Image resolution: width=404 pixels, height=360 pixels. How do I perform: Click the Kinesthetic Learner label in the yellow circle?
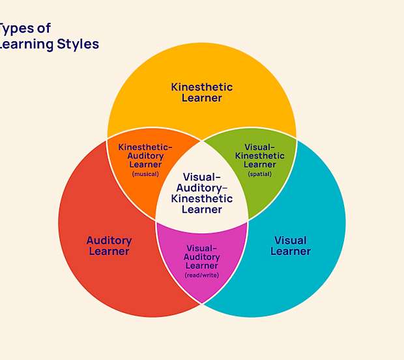coord(201,93)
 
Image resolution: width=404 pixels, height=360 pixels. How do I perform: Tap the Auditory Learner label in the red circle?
coord(109,246)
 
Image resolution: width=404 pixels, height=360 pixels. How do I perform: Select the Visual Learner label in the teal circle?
coord(290,246)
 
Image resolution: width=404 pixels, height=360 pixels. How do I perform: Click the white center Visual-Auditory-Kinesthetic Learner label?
coord(201,193)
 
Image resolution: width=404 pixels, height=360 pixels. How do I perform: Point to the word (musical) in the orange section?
coord(145,174)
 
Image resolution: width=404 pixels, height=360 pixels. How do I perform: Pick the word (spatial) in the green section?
coord(259,174)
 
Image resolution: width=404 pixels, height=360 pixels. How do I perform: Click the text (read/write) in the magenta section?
coord(202,275)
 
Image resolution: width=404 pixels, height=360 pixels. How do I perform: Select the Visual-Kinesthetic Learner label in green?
coord(259,156)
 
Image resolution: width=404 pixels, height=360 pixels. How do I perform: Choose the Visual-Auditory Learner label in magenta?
coord(202,257)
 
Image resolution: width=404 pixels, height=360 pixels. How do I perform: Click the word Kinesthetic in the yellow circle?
coord(201,87)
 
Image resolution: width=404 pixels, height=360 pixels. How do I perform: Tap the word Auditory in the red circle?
coord(109,240)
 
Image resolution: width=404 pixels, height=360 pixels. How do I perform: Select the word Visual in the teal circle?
coord(290,240)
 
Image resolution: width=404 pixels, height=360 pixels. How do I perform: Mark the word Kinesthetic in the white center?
coord(201,198)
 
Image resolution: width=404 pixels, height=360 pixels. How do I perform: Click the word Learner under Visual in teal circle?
coord(290,252)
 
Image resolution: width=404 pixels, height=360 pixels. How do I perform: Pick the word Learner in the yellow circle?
coord(201,98)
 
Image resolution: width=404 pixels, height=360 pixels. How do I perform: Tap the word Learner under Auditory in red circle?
coord(109,252)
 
